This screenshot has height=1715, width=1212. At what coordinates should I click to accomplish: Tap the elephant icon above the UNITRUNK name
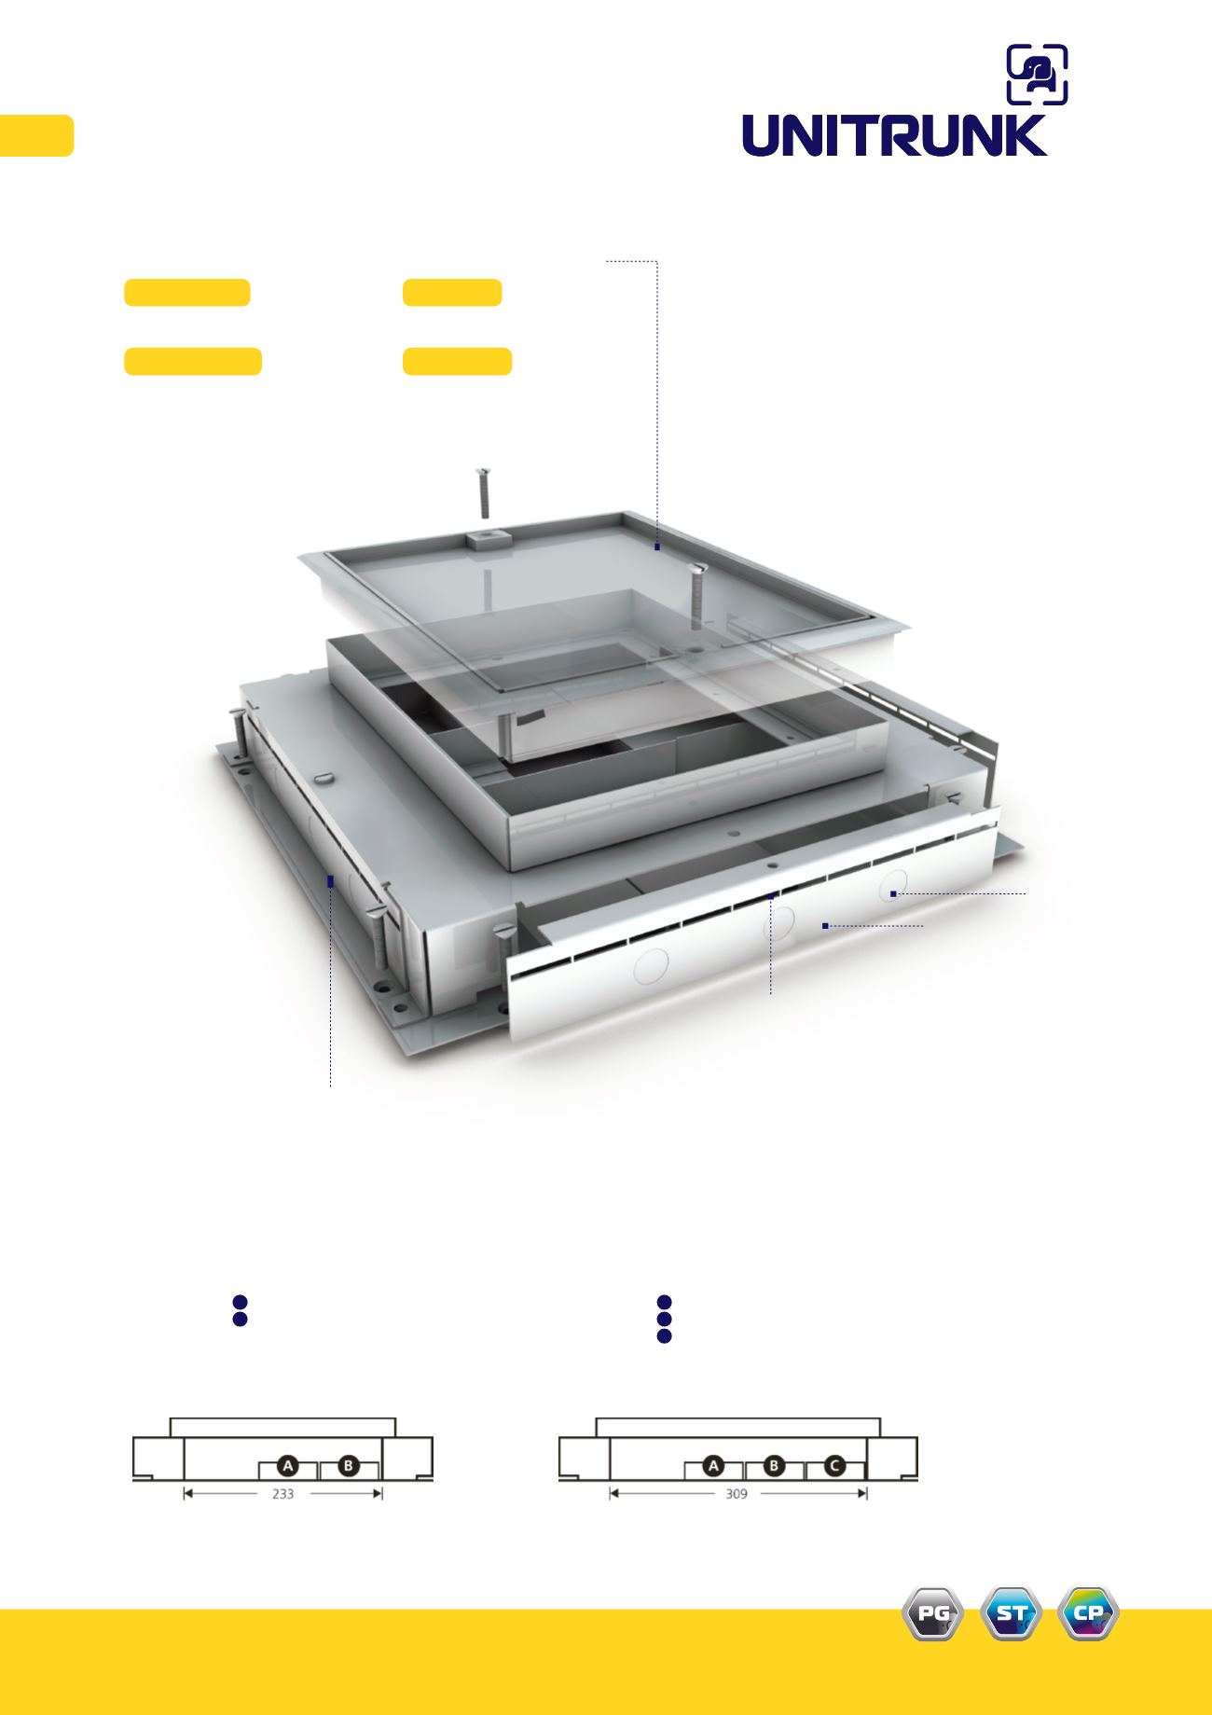[x=1038, y=75]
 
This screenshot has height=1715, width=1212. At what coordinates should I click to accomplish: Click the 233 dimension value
[x=282, y=1493]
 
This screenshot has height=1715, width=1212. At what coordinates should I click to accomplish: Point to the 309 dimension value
[x=737, y=1493]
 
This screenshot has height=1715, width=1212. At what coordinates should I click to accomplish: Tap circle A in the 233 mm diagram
[x=288, y=1466]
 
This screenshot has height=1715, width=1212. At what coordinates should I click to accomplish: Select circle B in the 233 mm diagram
[x=348, y=1466]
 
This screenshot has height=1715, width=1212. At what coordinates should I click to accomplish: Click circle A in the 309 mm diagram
[x=714, y=1466]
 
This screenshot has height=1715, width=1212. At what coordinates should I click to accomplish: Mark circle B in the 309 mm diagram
[x=775, y=1466]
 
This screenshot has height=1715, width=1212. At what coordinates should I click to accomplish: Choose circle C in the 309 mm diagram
[x=835, y=1466]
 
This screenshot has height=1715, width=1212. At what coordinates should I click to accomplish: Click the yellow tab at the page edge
[x=36, y=135]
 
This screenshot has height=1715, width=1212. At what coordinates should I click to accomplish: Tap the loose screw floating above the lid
[x=483, y=492]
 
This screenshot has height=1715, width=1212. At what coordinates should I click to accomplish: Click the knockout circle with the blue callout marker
[x=892, y=884]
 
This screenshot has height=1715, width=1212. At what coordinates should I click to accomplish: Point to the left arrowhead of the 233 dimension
[x=187, y=1493]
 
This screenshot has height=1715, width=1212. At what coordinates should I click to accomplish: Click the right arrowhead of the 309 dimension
[x=863, y=1493]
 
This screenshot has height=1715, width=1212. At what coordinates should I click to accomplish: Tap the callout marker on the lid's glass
[x=657, y=546]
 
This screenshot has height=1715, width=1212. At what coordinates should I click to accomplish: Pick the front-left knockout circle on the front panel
[x=652, y=965]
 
